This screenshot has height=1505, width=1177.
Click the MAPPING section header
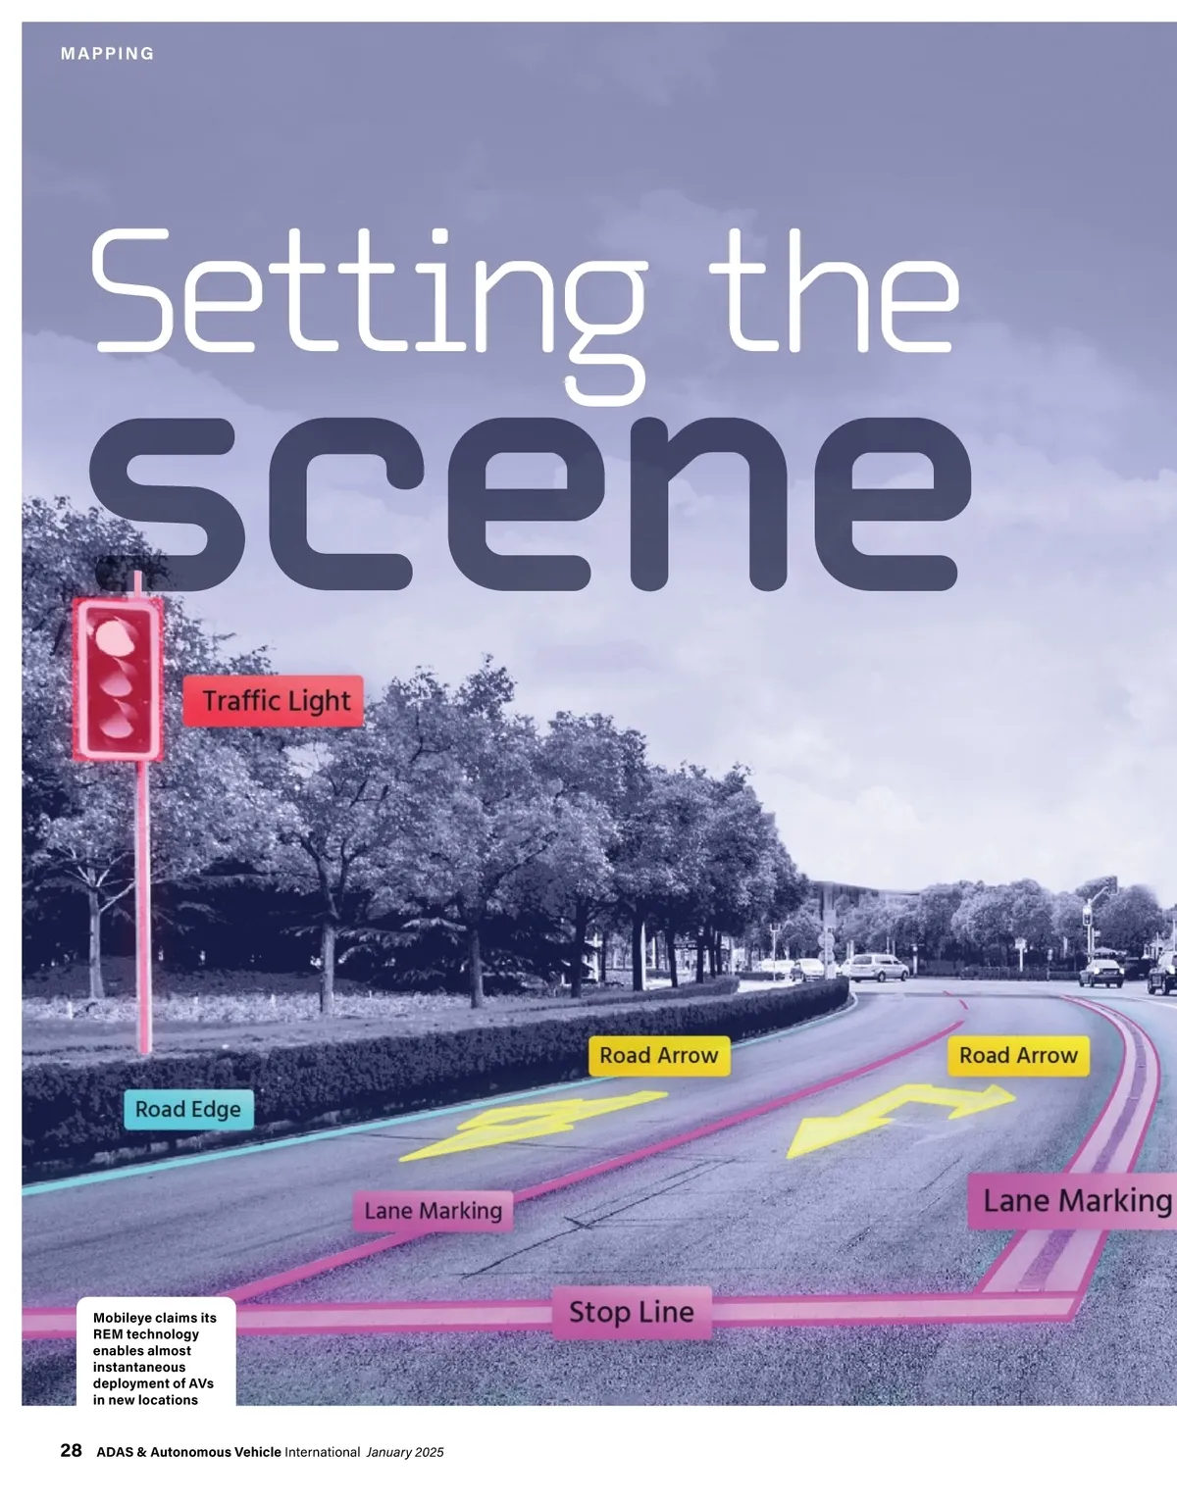(x=107, y=54)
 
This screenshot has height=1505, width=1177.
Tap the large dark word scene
(x=530, y=505)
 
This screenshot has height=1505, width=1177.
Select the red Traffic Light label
(x=274, y=701)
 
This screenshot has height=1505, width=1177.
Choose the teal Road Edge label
(x=187, y=1109)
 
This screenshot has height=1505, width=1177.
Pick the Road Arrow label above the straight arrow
(x=659, y=1056)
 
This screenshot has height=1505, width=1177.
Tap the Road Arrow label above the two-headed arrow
(x=1018, y=1056)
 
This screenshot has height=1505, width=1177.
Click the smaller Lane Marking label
(x=433, y=1212)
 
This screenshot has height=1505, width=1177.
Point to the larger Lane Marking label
(x=1074, y=1201)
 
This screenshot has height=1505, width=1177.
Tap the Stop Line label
(x=632, y=1312)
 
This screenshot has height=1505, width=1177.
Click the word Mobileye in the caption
(x=121, y=1318)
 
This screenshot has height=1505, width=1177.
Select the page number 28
(x=71, y=1451)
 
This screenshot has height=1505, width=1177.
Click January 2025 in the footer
(x=405, y=1452)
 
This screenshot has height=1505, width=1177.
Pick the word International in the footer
(x=322, y=1452)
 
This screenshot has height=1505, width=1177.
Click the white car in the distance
(x=875, y=968)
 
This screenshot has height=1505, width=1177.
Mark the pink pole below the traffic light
(x=144, y=902)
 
